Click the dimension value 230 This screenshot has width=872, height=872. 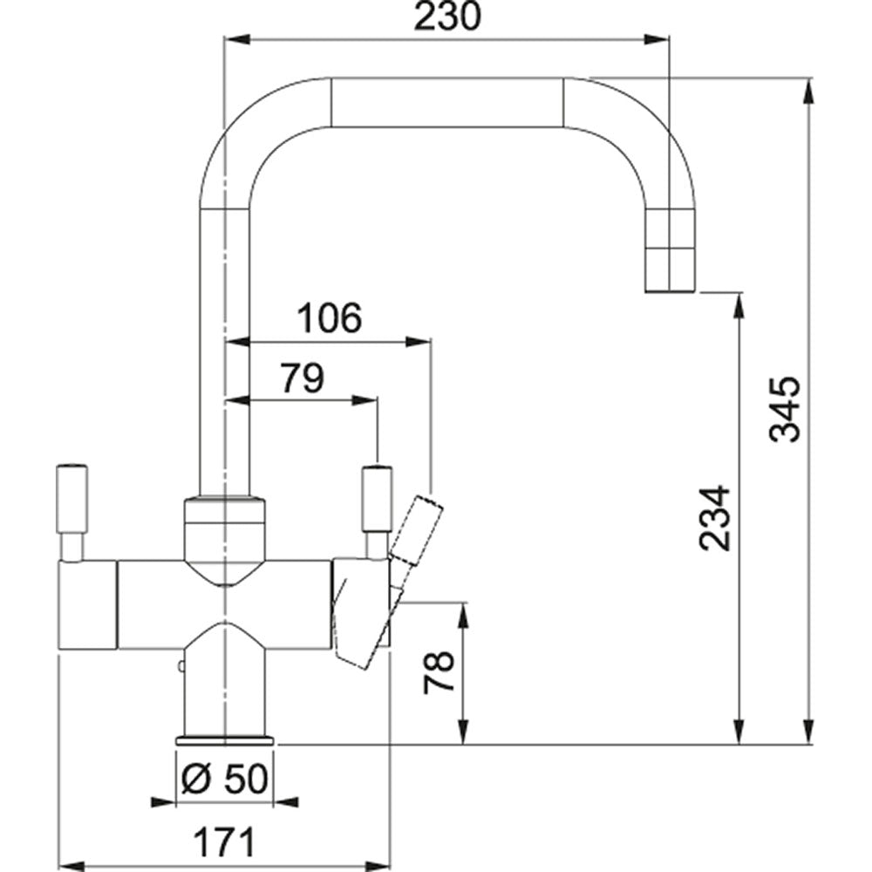[446, 17]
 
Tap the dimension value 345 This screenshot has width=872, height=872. [785, 409]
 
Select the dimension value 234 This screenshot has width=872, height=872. [715, 518]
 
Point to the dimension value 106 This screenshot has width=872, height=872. [330, 318]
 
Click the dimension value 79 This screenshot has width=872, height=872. [302, 378]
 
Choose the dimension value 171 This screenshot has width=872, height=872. [225, 842]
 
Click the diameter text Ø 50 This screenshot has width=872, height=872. [225, 779]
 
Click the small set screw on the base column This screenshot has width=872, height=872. [181, 666]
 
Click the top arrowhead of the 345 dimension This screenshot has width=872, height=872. [809, 90]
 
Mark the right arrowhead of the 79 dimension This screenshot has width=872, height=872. [365, 400]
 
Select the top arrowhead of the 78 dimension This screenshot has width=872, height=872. [463, 616]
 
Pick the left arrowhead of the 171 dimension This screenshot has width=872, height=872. [72, 866]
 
